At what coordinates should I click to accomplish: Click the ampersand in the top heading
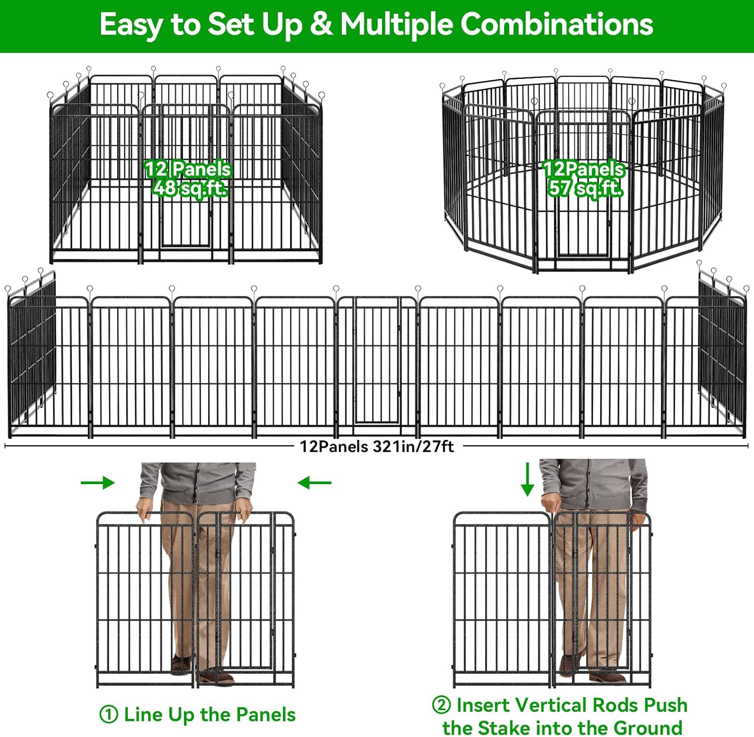pyautogui.click(x=321, y=24)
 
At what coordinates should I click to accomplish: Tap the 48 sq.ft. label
pyautogui.click(x=190, y=188)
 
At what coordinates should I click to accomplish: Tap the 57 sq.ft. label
pyautogui.click(x=585, y=188)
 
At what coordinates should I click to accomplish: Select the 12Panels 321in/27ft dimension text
pyautogui.click(x=377, y=446)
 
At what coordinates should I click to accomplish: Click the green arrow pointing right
pyautogui.click(x=98, y=483)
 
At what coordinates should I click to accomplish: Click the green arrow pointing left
pyautogui.click(x=315, y=483)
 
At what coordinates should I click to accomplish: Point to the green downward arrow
pyautogui.click(x=527, y=479)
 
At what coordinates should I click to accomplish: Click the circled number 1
pyautogui.click(x=109, y=714)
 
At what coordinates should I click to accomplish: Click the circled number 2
pyautogui.click(x=441, y=705)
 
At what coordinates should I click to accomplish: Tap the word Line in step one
pyautogui.click(x=144, y=714)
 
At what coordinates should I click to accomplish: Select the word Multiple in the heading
pyautogui.click(x=397, y=24)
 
